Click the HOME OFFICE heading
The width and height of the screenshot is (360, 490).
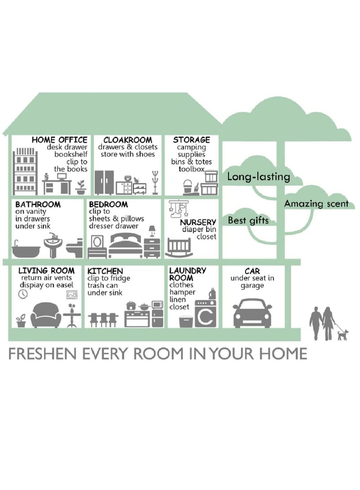pyautogui.click(x=59, y=140)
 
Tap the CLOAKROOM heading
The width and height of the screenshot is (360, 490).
pyautogui.click(x=128, y=140)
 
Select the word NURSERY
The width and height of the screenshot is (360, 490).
pyautogui.click(x=198, y=222)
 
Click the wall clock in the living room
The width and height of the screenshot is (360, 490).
pyautogui.click(x=23, y=294)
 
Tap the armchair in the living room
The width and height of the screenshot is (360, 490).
pyautogui.click(x=45, y=315)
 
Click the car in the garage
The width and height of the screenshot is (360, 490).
pyautogui.click(x=252, y=313)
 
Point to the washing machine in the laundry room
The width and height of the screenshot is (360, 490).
pyautogui.click(x=206, y=313)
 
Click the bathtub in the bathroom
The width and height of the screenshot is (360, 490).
pyautogui.click(x=26, y=249)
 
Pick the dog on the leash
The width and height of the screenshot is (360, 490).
pyautogui.click(x=342, y=335)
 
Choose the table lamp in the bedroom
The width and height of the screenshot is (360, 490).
pyautogui.click(x=152, y=231)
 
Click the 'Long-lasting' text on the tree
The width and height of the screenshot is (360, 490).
pyautogui.click(x=259, y=177)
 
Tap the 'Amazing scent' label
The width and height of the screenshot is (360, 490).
pyautogui.click(x=316, y=204)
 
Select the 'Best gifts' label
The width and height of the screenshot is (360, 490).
pyautogui.click(x=248, y=221)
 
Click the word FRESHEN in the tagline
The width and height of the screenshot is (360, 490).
pyautogui.click(x=43, y=354)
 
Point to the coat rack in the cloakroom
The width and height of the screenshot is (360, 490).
pyautogui.click(x=155, y=183)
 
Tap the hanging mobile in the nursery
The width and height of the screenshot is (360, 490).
pyautogui.click(x=179, y=208)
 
